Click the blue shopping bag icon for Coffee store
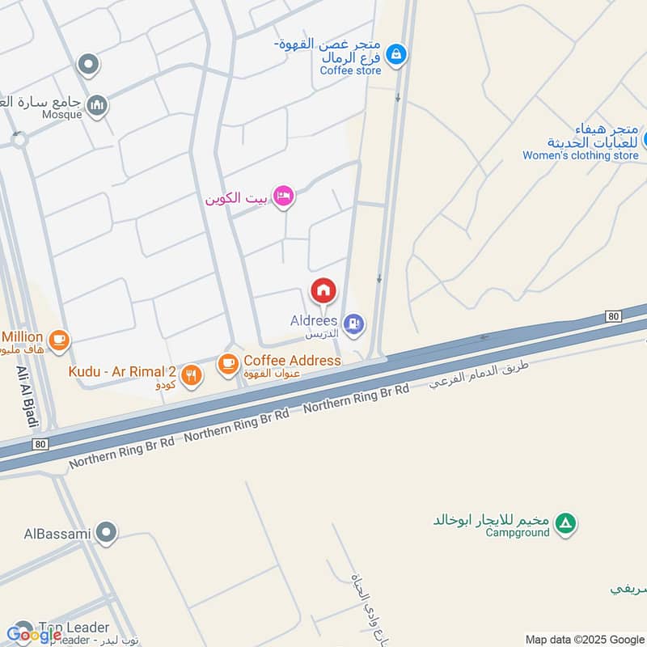pyautogui.click(x=395, y=55)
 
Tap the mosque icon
pyautogui.click(x=97, y=106)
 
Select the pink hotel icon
pyautogui.click(x=282, y=197)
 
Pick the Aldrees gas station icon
pyautogui.click(x=353, y=326)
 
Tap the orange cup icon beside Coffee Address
pyautogui.click(x=228, y=365)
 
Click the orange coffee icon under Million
pyautogui.click(x=58, y=341)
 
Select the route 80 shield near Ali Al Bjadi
pyautogui.click(x=41, y=444)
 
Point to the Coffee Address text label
pyautogui.click(x=292, y=360)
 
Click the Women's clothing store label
pyautogui.click(x=580, y=155)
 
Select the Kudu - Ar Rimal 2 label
pyautogui.click(x=122, y=371)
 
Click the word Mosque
pyautogui.click(x=61, y=114)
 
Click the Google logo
pyautogui.click(x=34, y=635)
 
